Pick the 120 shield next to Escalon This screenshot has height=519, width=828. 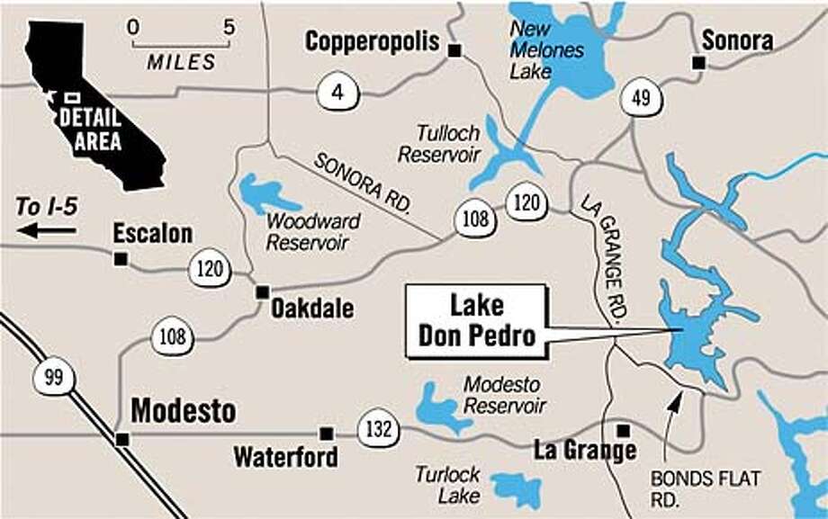click(x=210, y=269)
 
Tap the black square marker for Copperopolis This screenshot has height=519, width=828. click(x=454, y=50)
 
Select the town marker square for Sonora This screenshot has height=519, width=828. click(x=697, y=62)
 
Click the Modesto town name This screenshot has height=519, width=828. click(x=184, y=412)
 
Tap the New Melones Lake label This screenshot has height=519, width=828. click(x=545, y=50)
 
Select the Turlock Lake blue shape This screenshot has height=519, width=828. click(x=517, y=488)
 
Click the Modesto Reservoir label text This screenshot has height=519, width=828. click(x=504, y=395)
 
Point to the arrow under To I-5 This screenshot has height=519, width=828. click(x=47, y=231)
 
